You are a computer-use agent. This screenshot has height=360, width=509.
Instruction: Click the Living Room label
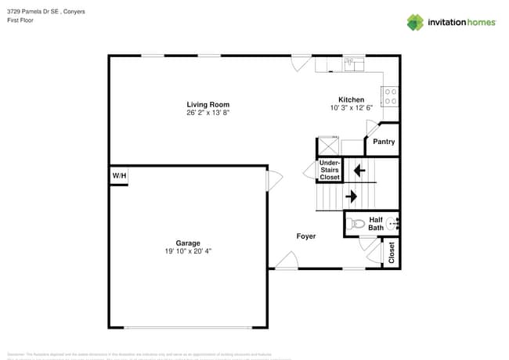pyautogui.click(x=208, y=104)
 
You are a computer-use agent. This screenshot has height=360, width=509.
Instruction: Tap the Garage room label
pyautogui.click(x=187, y=243)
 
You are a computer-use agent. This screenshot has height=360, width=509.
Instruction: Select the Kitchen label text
pyautogui.click(x=351, y=99)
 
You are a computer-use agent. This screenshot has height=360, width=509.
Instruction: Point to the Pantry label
pyautogui.click(x=384, y=142)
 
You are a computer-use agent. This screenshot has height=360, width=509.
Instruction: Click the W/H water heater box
pyautogui.click(x=118, y=176)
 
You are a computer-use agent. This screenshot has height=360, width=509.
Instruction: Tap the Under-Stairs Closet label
pyautogui.click(x=330, y=171)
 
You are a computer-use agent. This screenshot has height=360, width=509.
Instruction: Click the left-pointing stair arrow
pyautogui.click(x=359, y=169)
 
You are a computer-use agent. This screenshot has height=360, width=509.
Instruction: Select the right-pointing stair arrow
pyautogui.click(x=351, y=196)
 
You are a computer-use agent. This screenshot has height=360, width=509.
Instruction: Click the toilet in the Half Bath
pyautogui.click(x=358, y=224)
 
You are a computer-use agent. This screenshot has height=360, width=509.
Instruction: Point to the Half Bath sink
pyautogui.click(x=392, y=223)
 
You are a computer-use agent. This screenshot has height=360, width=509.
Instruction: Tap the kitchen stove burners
pyautogui.click(x=389, y=96)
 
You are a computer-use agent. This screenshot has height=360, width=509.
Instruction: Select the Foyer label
pyautogui.click(x=306, y=236)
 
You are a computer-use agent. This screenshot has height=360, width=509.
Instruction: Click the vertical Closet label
pyautogui.click(x=392, y=252)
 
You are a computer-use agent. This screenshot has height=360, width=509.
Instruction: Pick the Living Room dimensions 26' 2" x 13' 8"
pyautogui.click(x=208, y=113)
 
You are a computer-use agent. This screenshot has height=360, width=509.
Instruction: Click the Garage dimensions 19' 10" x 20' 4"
pyautogui.click(x=187, y=251)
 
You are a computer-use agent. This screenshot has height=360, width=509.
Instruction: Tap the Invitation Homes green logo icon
pyautogui.click(x=415, y=22)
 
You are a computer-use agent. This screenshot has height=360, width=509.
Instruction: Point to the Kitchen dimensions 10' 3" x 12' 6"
pyautogui.click(x=351, y=108)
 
